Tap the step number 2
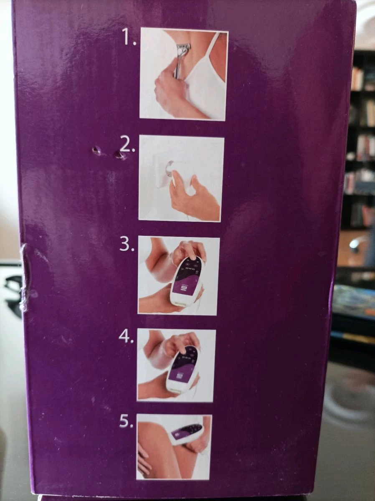coord(127,146)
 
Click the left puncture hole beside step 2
coord(95,150)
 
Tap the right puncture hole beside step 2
coord(119,155)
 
